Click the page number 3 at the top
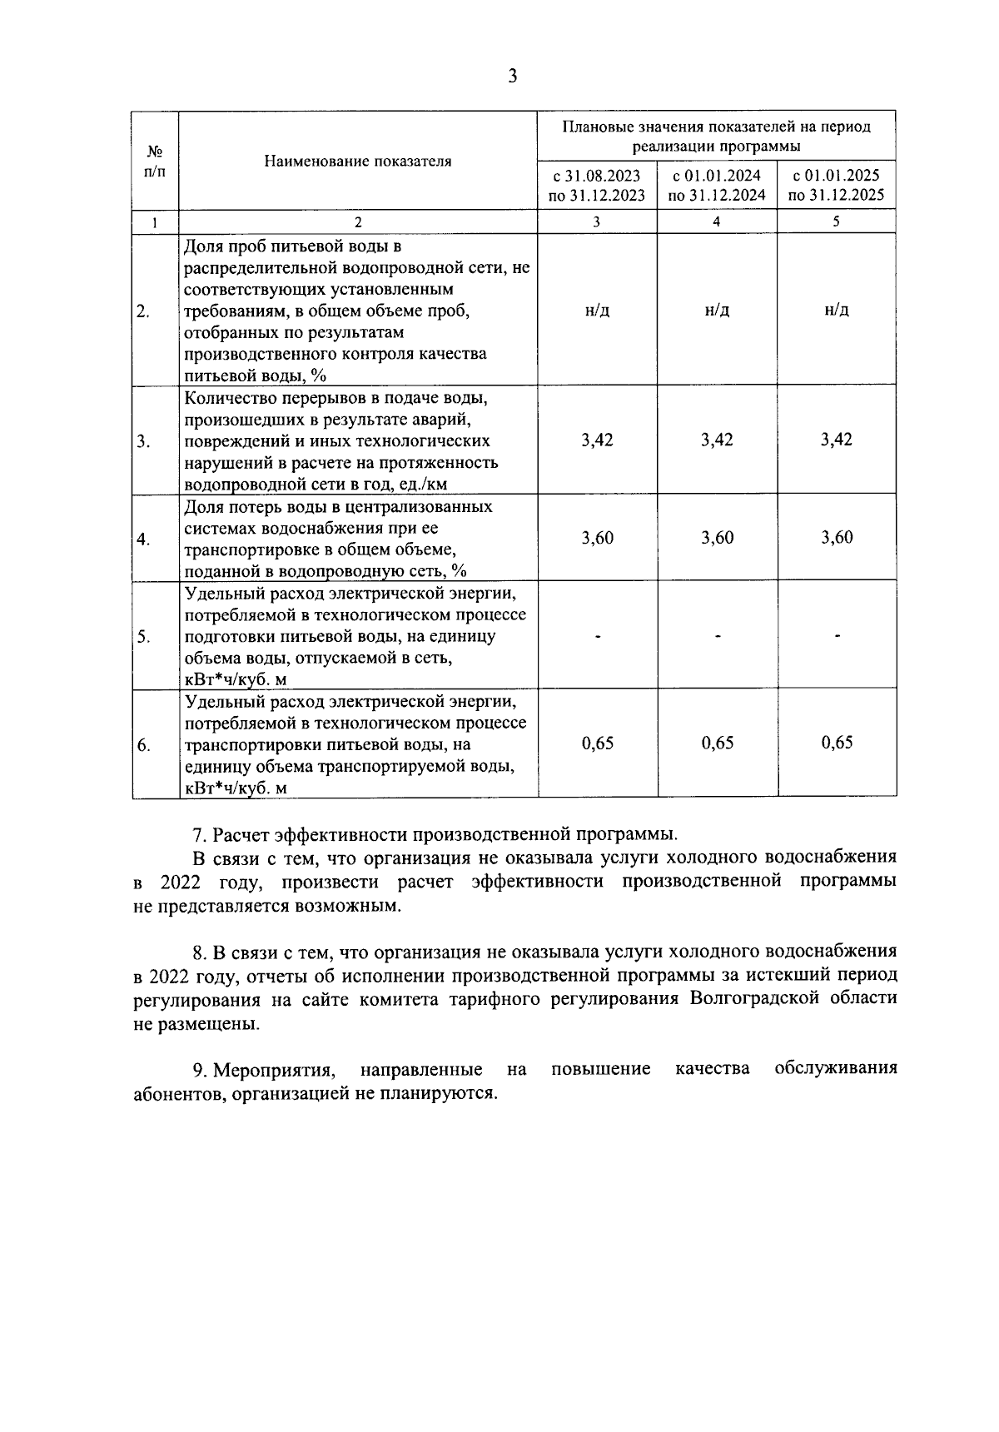coord(512,77)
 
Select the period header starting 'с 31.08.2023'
coord(597,186)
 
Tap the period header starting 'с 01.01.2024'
coord(717,186)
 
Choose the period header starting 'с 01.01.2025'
coord(836,186)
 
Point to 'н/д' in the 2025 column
coord(836,310)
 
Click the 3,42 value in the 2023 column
coord(597,440)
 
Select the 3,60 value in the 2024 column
coord(717,538)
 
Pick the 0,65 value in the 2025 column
coord(836,743)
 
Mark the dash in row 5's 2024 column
coord(717,637)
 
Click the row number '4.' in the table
coord(143,539)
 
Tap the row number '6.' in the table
coord(143,745)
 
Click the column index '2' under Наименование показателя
coord(358,221)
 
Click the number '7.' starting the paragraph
coord(199,834)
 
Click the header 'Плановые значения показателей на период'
coord(717,127)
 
